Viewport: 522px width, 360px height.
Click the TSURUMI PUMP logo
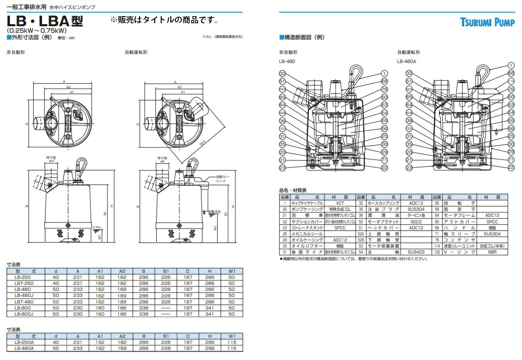coord(487,22)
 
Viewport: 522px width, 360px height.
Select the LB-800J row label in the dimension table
coord(24,314)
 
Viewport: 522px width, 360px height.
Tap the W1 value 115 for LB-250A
coord(232,342)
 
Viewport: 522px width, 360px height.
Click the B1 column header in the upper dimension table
coord(166,271)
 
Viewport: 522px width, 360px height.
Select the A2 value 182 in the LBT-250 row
coord(122,283)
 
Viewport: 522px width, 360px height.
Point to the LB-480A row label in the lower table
coord(24,348)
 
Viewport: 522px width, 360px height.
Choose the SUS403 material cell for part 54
coord(416,252)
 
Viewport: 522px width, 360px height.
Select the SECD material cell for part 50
coord(416,221)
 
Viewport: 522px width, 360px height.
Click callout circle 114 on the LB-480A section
coord(511,81)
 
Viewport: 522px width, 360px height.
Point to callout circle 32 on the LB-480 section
coord(282,73)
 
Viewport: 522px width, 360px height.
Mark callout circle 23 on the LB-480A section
coord(409,168)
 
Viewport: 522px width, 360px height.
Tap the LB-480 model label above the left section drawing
coord(287,61)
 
